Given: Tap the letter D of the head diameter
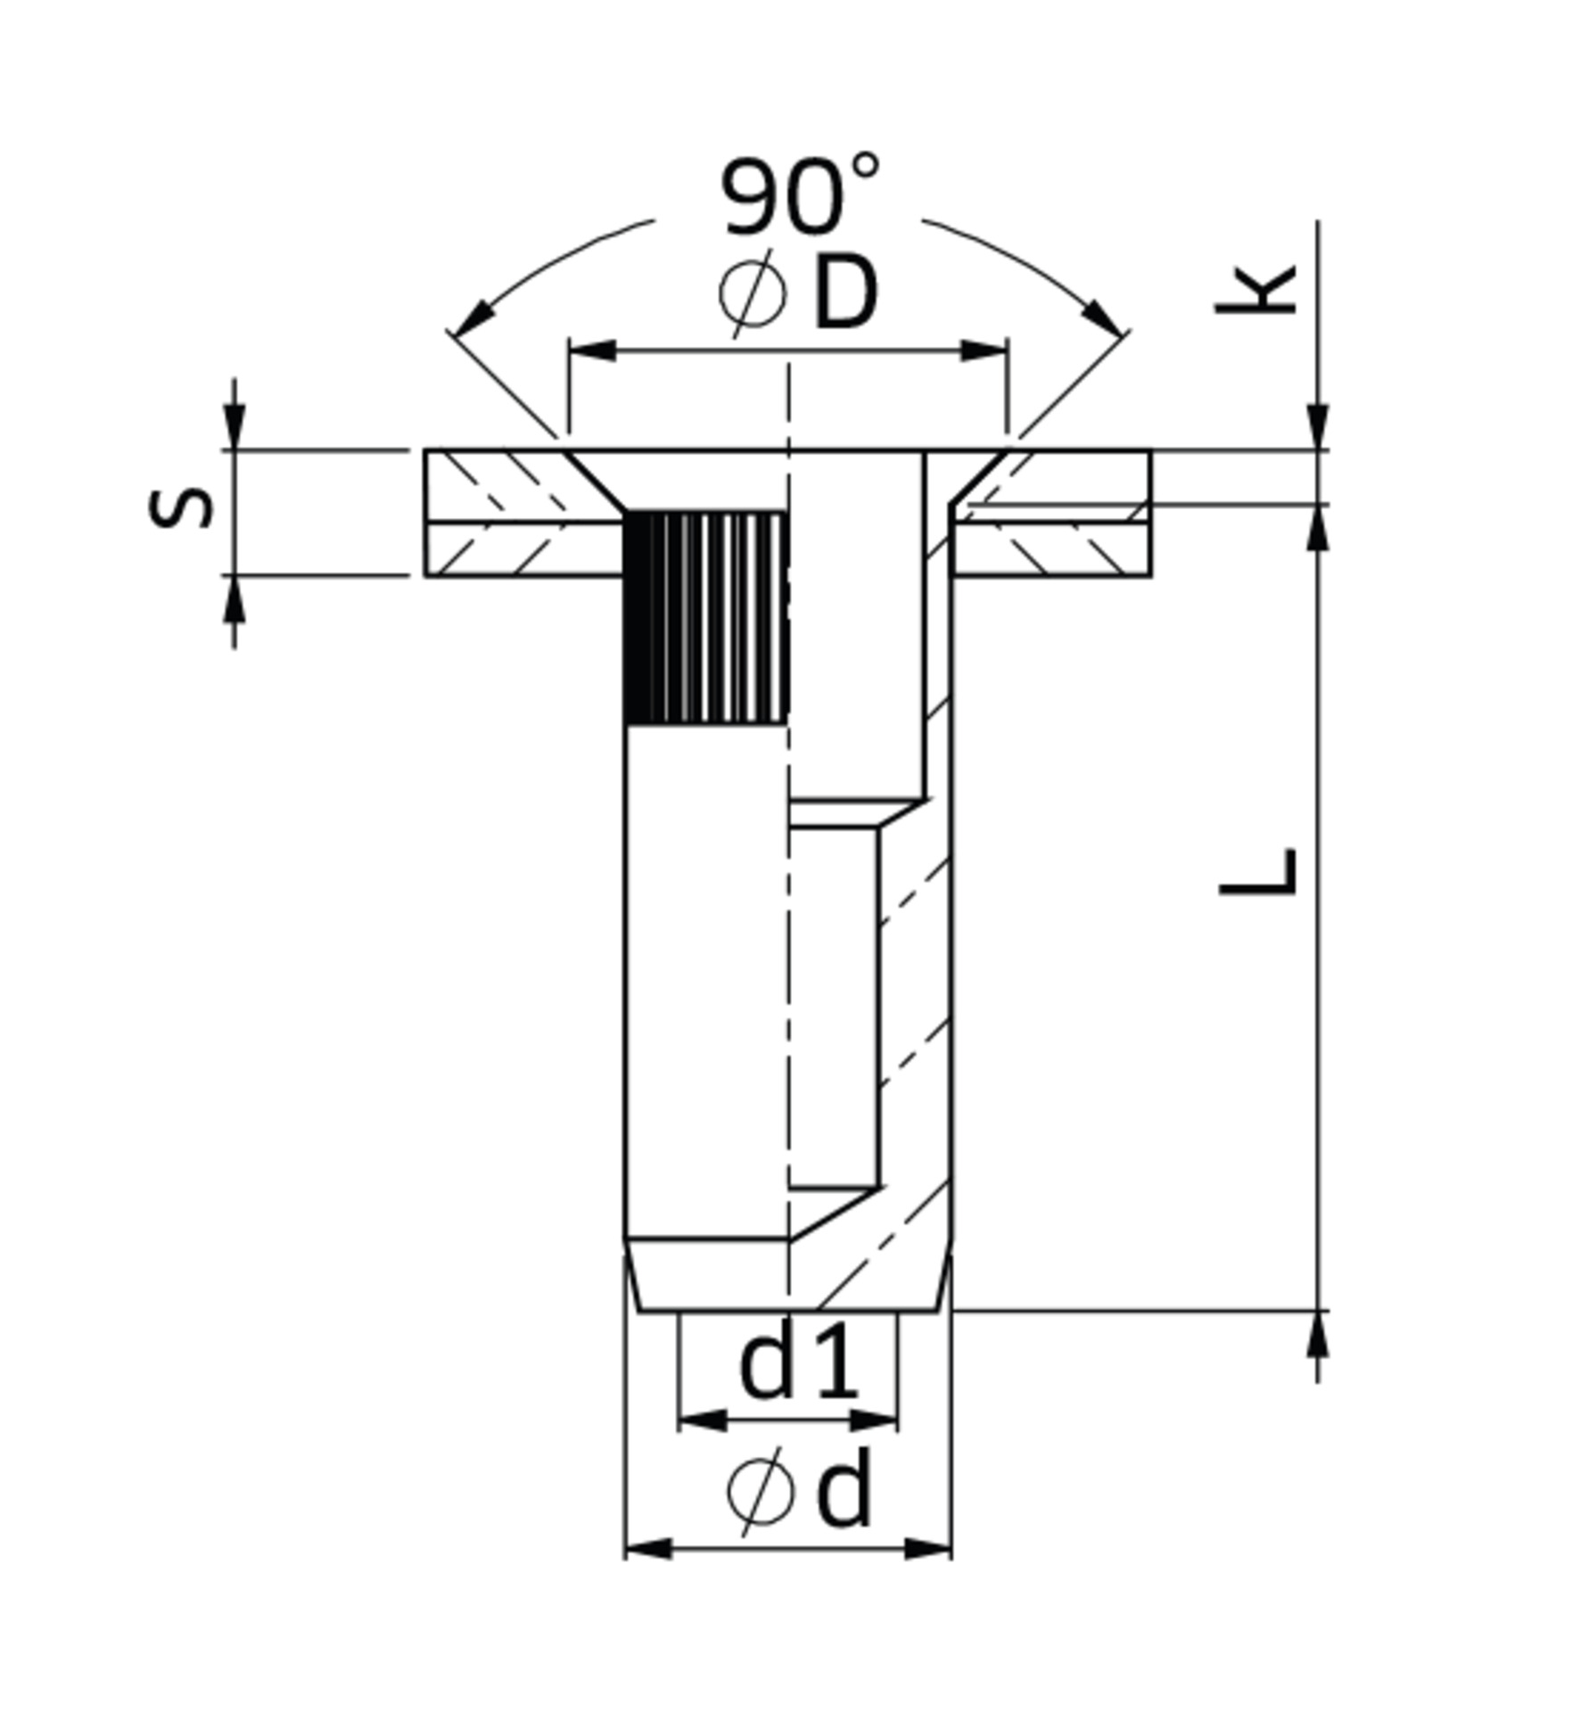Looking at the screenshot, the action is point(845,294).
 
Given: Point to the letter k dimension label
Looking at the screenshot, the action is point(1256,291).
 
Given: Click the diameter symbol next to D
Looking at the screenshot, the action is point(753,294).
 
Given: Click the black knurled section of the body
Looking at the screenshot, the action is point(705,617).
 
